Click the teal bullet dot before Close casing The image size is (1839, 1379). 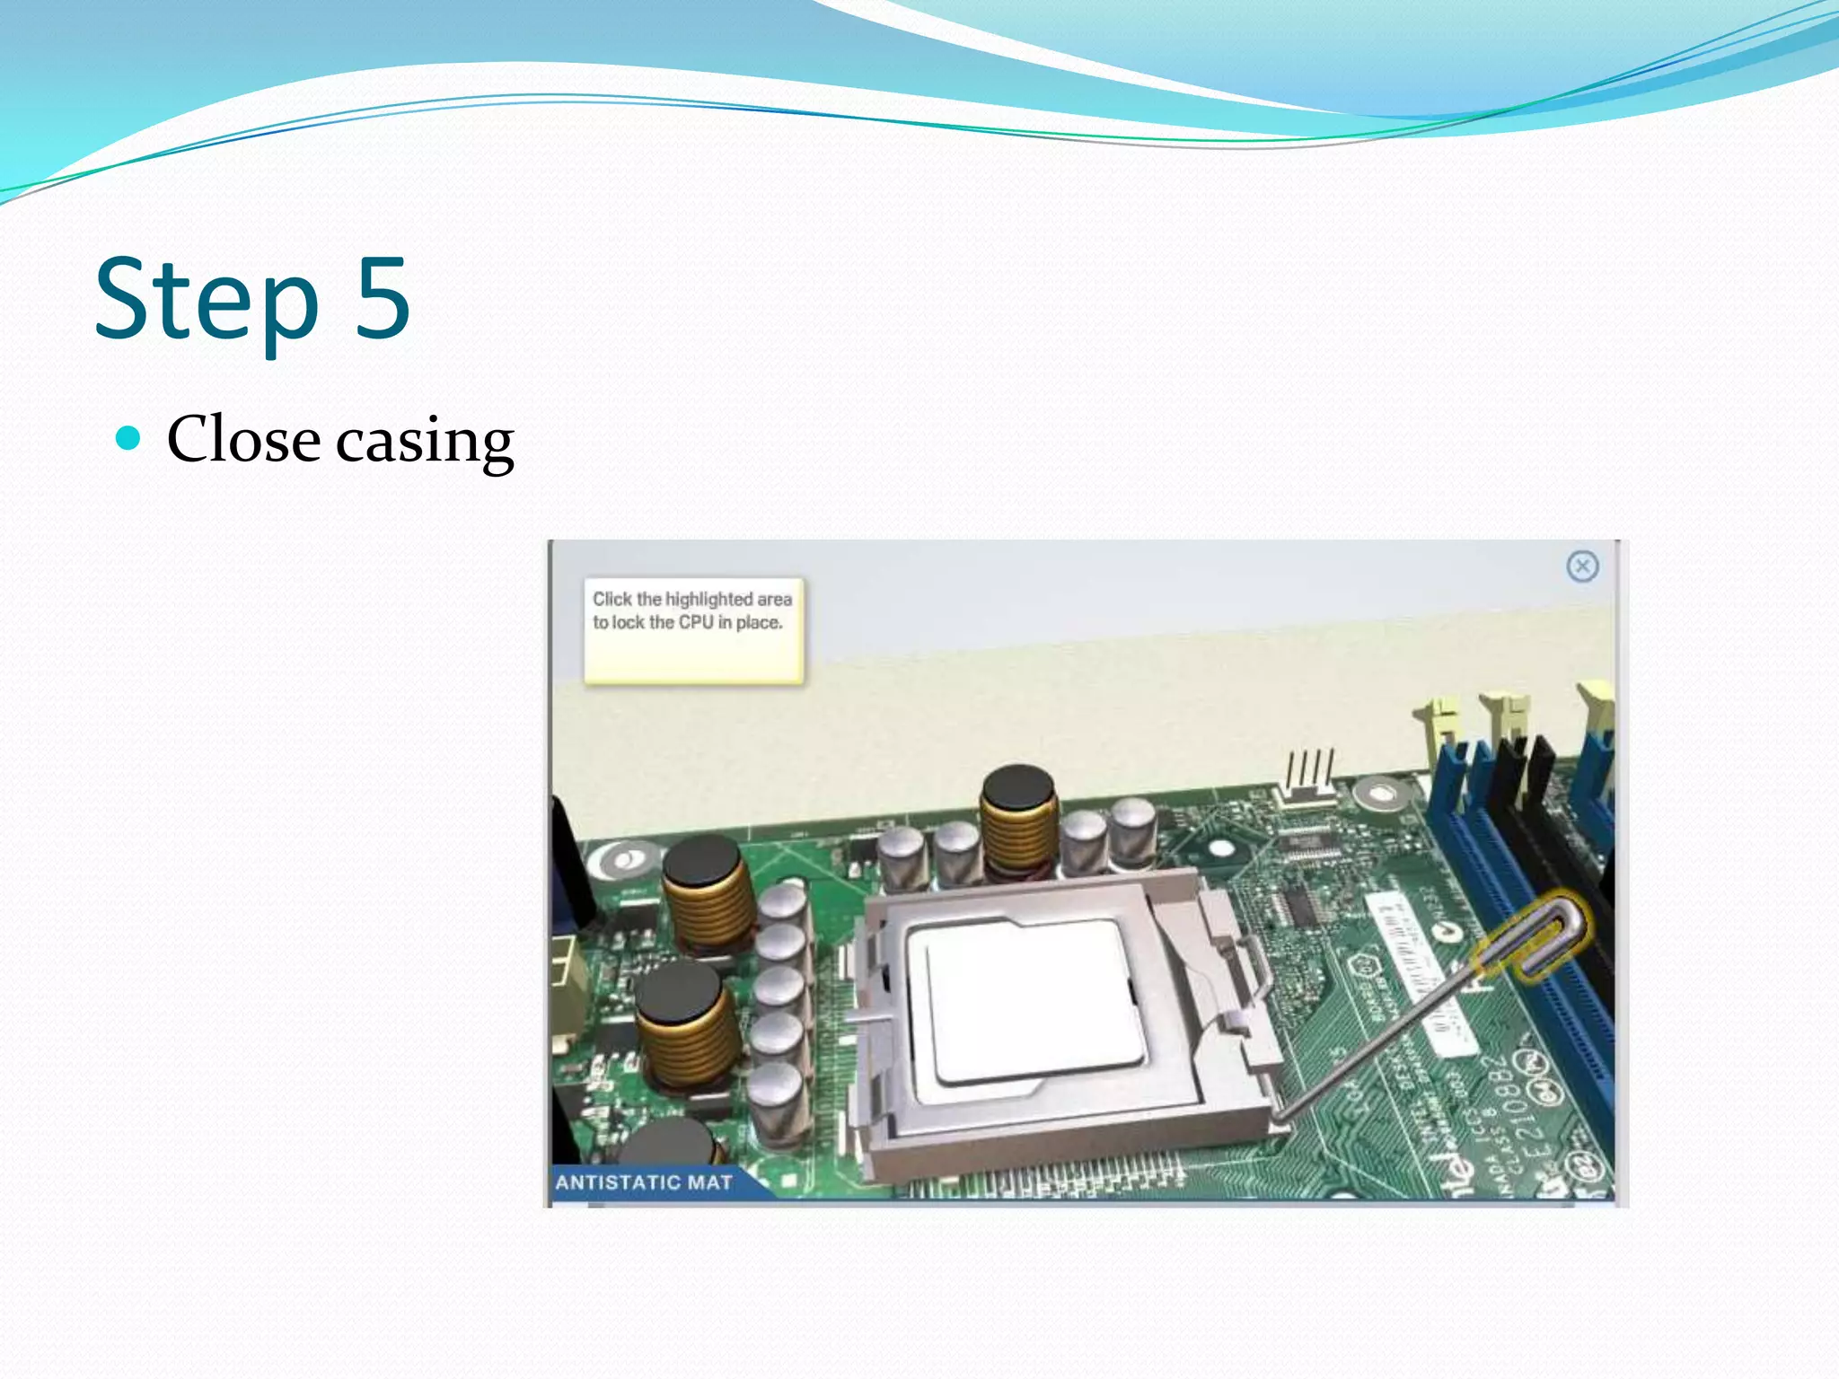coord(129,438)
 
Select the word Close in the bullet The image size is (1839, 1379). coord(243,439)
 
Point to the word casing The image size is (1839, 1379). coord(425,442)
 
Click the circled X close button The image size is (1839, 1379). coord(1582,567)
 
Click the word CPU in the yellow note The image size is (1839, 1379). coord(695,622)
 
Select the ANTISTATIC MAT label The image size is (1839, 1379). coord(644,1182)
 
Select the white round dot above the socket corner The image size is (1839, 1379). coord(1221,848)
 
